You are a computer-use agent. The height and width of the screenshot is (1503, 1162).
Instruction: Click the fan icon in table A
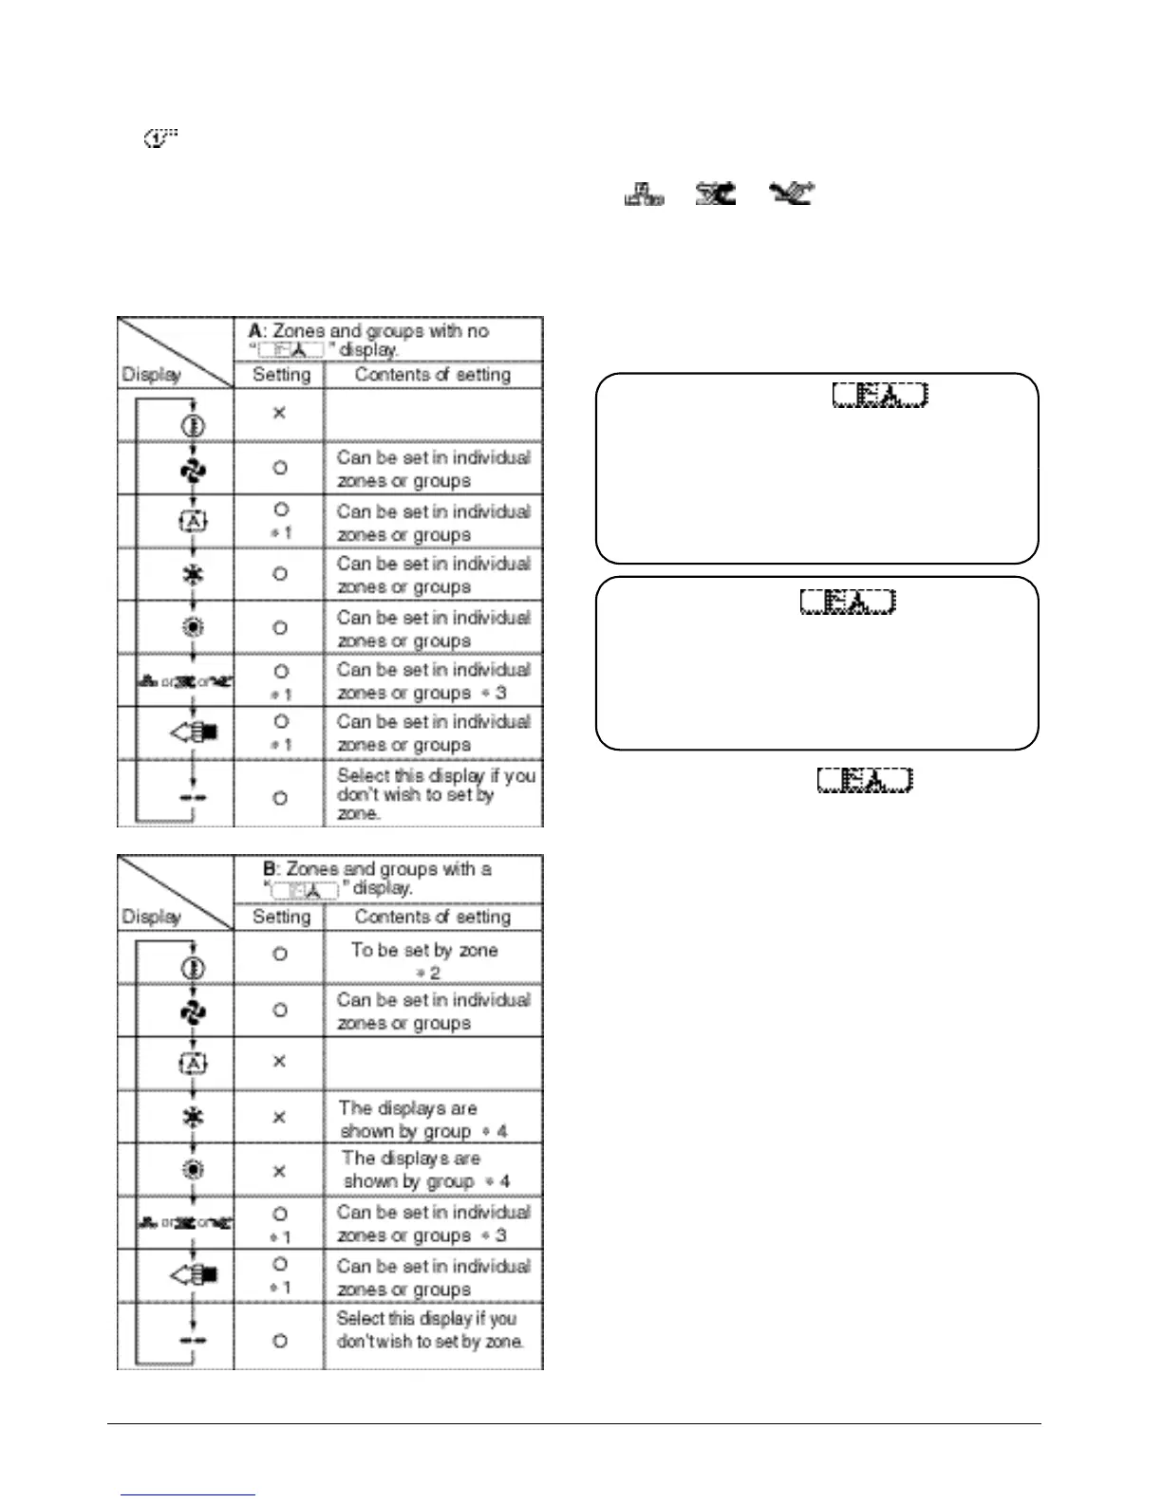click(x=194, y=470)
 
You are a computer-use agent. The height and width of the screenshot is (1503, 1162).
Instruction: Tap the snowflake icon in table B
click(x=194, y=1117)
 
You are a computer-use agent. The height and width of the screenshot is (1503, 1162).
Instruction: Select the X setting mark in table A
click(x=280, y=414)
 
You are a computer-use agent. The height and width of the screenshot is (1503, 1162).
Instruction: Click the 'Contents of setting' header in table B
click(x=432, y=917)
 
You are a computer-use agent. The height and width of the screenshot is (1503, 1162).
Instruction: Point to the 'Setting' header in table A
click(x=281, y=375)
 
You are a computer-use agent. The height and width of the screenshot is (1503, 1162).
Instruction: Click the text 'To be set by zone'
click(x=424, y=950)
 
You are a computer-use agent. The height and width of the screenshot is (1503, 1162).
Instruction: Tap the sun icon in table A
click(x=194, y=627)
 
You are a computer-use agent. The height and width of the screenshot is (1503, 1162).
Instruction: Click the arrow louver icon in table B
click(x=194, y=1274)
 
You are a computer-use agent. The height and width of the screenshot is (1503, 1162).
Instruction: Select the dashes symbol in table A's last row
click(x=194, y=796)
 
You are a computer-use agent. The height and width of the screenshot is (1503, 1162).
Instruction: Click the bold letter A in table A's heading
click(x=254, y=331)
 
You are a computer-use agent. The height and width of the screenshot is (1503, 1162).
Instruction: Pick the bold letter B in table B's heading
click(x=270, y=869)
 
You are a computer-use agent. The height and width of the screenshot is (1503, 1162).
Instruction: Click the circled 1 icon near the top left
click(x=161, y=140)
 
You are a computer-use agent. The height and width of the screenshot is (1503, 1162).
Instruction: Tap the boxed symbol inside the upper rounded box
click(x=879, y=395)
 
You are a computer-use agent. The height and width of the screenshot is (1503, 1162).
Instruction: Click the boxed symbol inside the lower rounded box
click(x=847, y=601)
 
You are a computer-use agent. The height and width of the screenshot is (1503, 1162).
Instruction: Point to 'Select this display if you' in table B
click(x=426, y=1318)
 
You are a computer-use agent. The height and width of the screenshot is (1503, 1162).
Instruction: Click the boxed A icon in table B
click(x=194, y=1063)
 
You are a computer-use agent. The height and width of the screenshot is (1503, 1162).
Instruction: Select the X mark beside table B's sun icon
click(x=280, y=1171)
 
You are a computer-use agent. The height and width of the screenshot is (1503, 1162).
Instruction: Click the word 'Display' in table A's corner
click(x=151, y=375)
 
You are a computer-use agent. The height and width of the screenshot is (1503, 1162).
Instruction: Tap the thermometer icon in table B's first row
click(x=194, y=967)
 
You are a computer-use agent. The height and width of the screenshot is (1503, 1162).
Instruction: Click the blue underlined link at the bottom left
click(x=188, y=1494)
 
